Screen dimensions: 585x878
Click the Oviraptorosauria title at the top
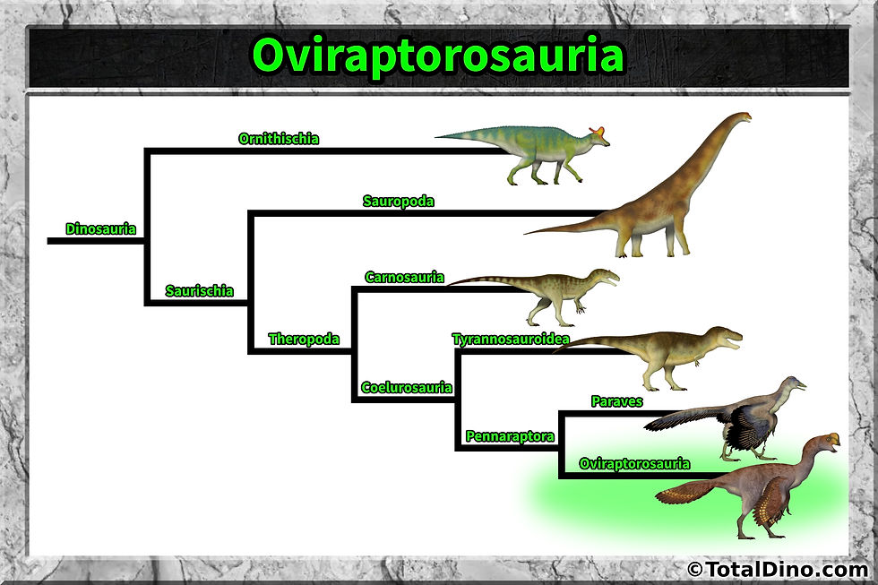click(438, 56)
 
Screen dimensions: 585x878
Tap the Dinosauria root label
click(100, 229)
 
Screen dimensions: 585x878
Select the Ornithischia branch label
click(279, 139)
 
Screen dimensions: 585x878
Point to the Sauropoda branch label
click(398, 202)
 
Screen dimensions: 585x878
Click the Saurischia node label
click(199, 291)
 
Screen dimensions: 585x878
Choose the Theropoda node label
click(304, 340)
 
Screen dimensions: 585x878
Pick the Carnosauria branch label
click(404, 277)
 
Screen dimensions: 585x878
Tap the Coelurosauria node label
click(406, 388)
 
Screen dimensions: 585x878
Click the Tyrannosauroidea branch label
click(511, 339)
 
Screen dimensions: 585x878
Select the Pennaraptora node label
click(510, 437)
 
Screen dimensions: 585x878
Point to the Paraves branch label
click(616, 401)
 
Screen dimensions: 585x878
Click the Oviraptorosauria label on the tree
click(634, 463)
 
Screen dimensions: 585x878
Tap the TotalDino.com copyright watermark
click(776, 568)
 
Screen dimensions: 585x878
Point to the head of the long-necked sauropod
click(741, 117)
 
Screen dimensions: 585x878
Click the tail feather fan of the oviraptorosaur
click(685, 491)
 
